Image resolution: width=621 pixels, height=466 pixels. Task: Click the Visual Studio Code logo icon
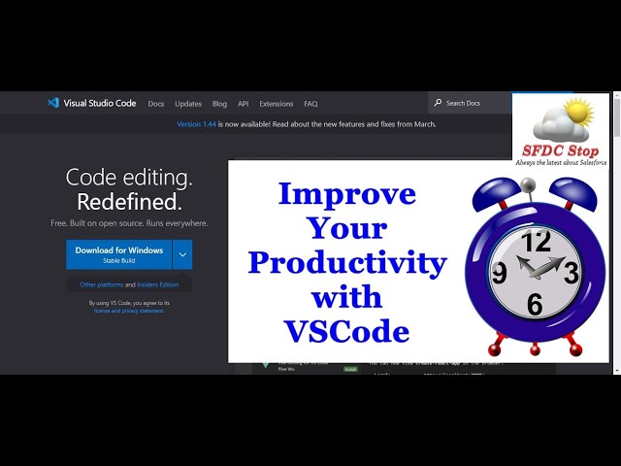(52, 103)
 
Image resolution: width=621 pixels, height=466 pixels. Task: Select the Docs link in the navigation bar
(156, 104)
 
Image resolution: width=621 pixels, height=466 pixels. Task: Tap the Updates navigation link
(188, 104)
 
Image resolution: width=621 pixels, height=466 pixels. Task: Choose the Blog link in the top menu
(219, 104)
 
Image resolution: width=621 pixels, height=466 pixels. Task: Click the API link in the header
(243, 104)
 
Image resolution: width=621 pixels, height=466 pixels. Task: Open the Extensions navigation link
(276, 104)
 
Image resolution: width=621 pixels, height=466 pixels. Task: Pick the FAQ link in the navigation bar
(310, 104)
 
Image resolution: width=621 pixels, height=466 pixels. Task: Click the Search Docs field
(471, 103)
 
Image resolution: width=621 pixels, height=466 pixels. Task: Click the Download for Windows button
(118, 254)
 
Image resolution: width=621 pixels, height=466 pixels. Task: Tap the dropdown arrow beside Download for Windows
(182, 254)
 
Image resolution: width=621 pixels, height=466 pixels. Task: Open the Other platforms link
(102, 284)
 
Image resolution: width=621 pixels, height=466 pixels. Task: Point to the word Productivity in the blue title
(346, 263)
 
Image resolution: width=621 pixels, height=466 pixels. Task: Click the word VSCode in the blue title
(346, 332)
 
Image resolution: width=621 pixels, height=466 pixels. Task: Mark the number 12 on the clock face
(536, 242)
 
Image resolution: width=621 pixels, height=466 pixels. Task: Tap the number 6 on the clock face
(535, 305)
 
